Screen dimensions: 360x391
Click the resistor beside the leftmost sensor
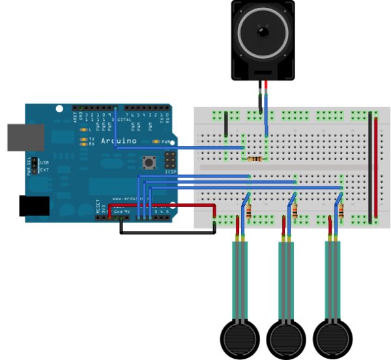250,211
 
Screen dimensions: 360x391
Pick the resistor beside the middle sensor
295,211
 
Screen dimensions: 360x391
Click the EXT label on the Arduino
44,170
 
